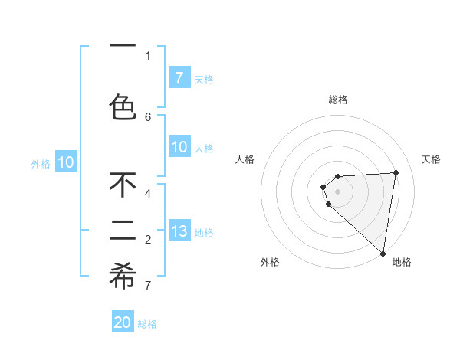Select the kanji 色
[x=123, y=107]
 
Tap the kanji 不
[x=123, y=185]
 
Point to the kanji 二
[x=123, y=229]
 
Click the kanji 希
[x=123, y=277]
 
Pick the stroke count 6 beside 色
[x=148, y=117]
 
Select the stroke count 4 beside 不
[x=148, y=194]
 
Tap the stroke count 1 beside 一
[x=148, y=55]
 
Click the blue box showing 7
[x=179, y=78]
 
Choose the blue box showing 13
[x=179, y=231]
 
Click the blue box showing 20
[x=123, y=322]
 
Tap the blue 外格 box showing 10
[x=66, y=162]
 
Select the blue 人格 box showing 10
[x=179, y=147]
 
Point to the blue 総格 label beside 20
[x=147, y=324]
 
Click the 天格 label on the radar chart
[x=431, y=159]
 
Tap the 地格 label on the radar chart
[x=402, y=262]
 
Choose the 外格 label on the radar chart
[x=270, y=262]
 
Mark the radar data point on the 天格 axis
[x=396, y=172]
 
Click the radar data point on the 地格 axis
[x=383, y=254]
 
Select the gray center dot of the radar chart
[x=337, y=191]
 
